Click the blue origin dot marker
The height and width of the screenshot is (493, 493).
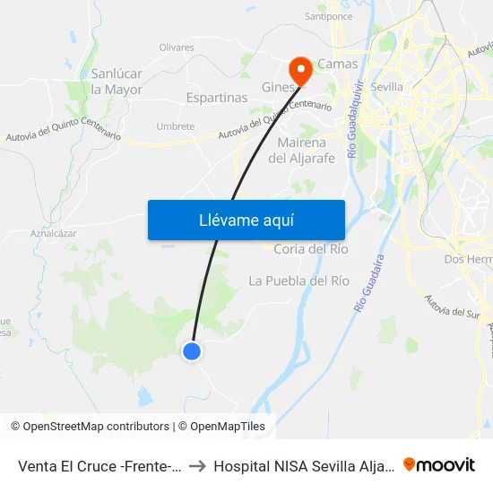point(192,351)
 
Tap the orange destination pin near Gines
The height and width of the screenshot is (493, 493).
point(299,69)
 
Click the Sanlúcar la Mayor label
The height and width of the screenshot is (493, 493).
point(116,81)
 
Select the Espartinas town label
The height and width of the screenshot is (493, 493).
point(216,97)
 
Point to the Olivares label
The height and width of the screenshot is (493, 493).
point(177,48)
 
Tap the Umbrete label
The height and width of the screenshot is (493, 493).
point(175,126)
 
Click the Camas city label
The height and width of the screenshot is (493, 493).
point(337,64)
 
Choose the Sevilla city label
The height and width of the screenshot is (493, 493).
point(386,86)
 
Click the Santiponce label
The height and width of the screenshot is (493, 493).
point(328,16)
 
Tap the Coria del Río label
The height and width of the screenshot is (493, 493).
point(310,248)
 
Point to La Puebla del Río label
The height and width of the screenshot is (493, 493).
point(298,281)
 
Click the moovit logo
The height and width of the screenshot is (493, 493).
point(439,464)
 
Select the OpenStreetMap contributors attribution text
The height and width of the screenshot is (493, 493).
point(90,427)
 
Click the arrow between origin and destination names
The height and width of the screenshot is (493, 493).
point(196,465)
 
